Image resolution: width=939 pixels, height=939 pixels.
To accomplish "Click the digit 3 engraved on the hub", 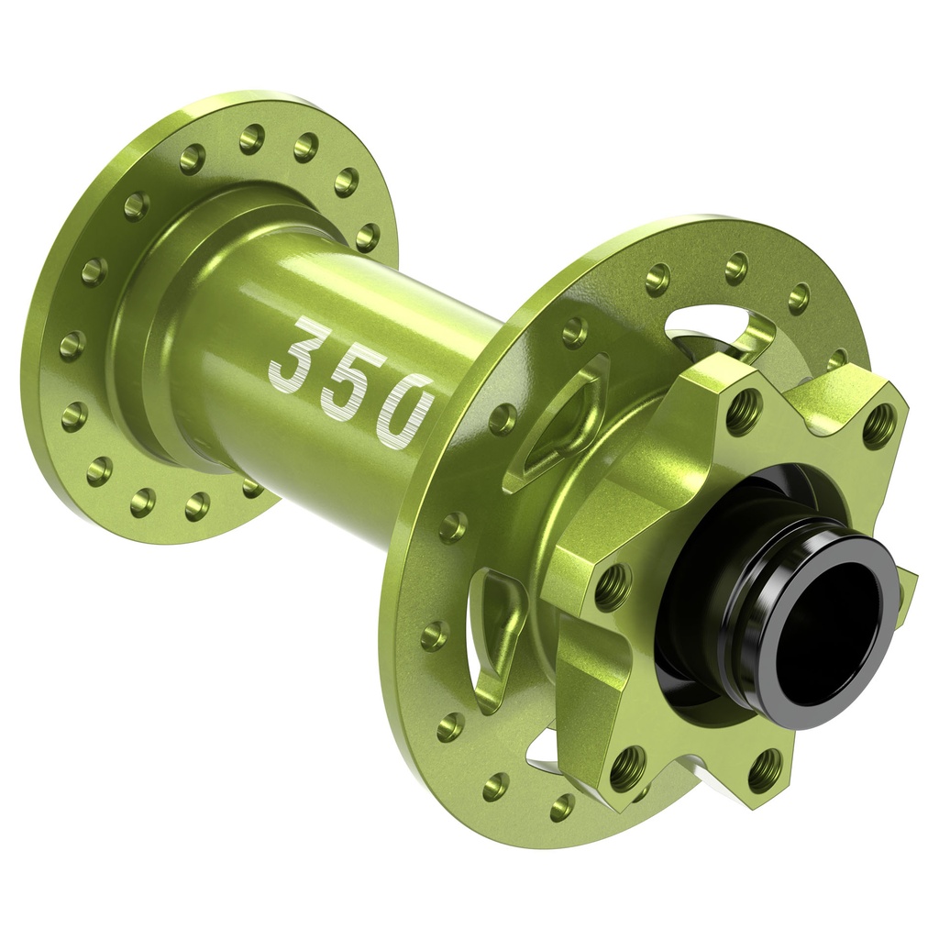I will (296, 351).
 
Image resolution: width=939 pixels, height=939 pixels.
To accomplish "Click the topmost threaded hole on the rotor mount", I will (743, 411).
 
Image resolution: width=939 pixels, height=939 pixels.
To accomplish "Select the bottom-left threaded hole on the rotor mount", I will (628, 767).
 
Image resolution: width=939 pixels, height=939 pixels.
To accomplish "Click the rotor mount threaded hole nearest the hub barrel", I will (613, 586).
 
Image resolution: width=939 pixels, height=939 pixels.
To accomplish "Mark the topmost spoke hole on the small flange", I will (252, 138).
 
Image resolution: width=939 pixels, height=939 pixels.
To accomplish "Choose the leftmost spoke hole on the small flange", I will (72, 346).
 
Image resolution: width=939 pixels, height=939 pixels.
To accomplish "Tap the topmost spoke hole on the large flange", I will (736, 268).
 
